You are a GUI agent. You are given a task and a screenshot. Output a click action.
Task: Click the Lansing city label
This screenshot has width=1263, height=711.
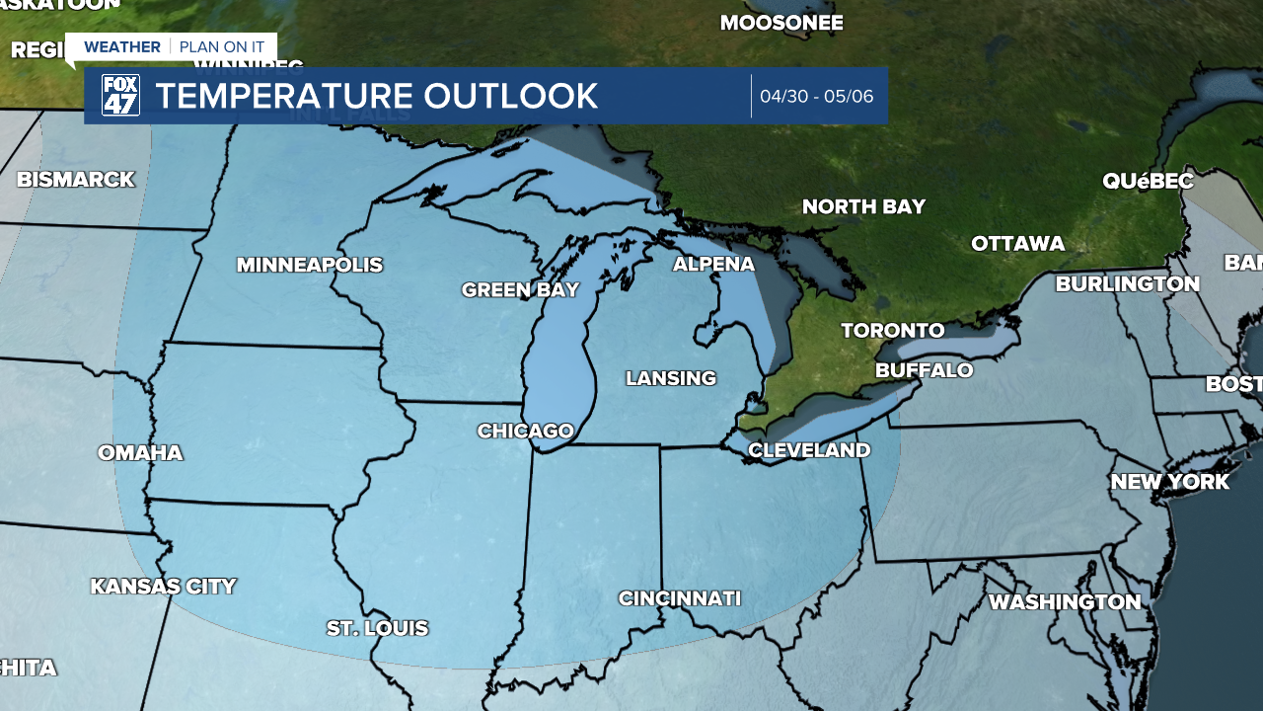point(671,378)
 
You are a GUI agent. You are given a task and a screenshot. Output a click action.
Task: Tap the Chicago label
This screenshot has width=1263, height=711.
point(525,431)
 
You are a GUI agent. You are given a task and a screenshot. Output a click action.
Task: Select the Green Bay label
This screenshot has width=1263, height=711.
point(520,289)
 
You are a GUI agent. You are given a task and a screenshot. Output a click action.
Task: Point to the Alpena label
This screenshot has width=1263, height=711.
point(713,264)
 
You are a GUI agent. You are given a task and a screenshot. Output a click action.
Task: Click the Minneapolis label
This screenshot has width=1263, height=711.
point(310,265)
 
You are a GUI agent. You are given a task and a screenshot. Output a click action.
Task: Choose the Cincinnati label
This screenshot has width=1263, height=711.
point(679,597)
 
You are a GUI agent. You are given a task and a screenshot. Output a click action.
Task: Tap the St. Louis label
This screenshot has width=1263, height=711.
point(377,628)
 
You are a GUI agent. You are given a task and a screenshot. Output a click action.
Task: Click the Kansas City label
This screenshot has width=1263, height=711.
point(163,586)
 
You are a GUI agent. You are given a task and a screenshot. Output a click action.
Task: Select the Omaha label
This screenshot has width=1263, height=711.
point(140,452)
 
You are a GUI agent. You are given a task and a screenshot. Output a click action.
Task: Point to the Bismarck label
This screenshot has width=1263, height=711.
point(75,180)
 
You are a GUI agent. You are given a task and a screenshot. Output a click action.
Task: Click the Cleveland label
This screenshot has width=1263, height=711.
point(809,450)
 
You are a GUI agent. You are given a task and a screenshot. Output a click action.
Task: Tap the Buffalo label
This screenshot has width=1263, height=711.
point(925,370)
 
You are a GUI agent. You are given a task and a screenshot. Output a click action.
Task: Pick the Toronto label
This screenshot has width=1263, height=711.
point(893,330)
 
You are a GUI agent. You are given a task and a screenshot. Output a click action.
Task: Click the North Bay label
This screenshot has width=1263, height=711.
point(863,206)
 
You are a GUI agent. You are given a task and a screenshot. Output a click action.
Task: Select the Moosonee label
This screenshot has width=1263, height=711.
point(781,22)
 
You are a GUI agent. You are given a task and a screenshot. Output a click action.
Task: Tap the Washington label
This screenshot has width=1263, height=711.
point(1065,601)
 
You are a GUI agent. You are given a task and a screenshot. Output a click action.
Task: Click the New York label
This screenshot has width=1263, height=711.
point(1169,482)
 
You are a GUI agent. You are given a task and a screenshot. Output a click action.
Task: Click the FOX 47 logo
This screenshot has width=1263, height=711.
point(120,96)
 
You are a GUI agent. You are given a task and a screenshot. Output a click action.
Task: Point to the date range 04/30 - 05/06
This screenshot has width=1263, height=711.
point(816,97)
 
